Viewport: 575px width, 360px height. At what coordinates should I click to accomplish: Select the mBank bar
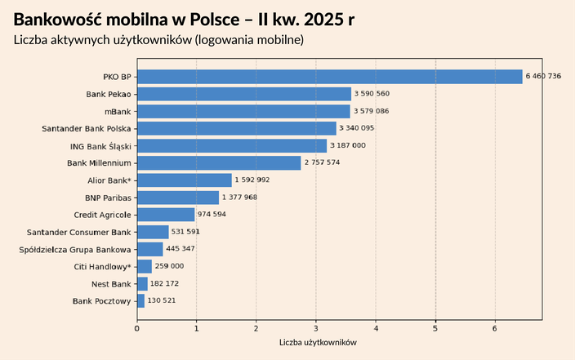point(243,111)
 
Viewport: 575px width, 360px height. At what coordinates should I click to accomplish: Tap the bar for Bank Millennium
point(219,163)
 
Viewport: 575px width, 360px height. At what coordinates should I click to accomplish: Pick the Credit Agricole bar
point(166,215)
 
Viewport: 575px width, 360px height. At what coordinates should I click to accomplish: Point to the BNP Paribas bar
point(178,198)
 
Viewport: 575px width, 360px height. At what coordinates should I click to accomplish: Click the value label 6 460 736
point(543,77)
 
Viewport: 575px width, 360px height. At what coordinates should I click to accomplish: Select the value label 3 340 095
point(357,128)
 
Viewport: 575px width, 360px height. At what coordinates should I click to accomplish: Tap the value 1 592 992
point(252,180)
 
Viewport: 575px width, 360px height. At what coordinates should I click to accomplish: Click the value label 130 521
point(162,301)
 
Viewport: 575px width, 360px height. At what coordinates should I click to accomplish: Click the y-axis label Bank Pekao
point(109,94)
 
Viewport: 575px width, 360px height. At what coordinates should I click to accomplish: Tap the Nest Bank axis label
point(111,284)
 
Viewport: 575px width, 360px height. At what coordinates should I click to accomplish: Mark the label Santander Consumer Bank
point(79,232)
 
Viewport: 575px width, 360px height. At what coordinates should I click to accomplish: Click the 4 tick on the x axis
point(376,328)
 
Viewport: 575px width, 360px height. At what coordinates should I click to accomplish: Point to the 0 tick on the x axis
point(136,328)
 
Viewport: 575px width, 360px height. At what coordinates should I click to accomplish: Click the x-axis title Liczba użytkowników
point(318,344)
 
